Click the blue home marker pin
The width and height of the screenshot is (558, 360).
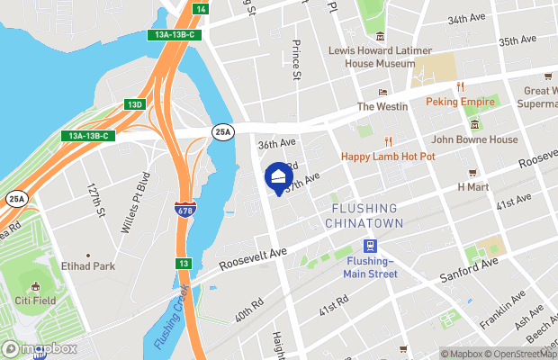click(278, 175)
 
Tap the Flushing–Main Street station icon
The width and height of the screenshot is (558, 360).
click(369, 247)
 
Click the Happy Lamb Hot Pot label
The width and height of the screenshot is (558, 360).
click(388, 156)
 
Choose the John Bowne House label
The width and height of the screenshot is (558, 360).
click(474, 139)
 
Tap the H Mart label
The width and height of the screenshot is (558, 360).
click(472, 187)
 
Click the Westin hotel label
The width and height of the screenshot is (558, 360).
click(382, 106)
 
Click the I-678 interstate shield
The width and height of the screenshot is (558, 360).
click(183, 210)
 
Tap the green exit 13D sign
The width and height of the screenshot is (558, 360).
click(134, 104)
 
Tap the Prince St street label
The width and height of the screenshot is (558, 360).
click(295, 59)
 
